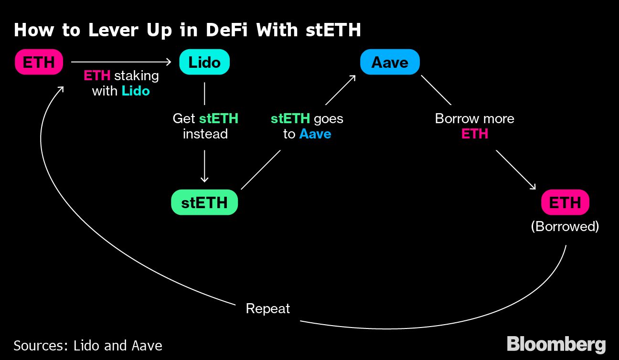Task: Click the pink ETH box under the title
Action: (x=39, y=63)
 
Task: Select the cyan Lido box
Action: (x=204, y=63)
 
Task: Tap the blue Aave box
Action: (x=390, y=63)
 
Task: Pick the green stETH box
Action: (x=204, y=202)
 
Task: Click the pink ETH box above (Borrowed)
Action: (x=565, y=202)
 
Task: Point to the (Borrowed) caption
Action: (x=565, y=226)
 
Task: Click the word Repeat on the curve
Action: (x=267, y=308)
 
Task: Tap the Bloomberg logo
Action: (x=556, y=344)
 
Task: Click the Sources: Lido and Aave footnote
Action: (x=88, y=345)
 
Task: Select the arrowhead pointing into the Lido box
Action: (x=168, y=62)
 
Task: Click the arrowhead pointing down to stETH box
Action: (x=204, y=179)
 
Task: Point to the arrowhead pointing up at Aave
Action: (x=353, y=77)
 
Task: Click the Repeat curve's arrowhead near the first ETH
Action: (x=61, y=89)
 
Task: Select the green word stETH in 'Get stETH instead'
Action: (x=218, y=118)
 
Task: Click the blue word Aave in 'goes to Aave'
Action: (x=315, y=134)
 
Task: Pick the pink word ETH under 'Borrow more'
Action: (x=474, y=134)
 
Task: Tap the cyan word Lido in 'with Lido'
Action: (x=135, y=91)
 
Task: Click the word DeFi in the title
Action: (x=228, y=31)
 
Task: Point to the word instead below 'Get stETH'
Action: (x=205, y=134)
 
